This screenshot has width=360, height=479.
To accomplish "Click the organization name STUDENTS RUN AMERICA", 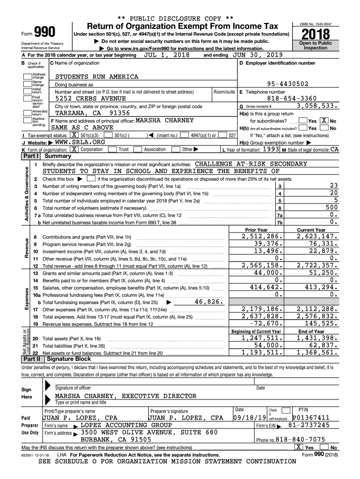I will [97, 77].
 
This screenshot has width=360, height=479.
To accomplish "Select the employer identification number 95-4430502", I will [294, 84].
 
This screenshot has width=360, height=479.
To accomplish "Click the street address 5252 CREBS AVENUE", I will [91, 99].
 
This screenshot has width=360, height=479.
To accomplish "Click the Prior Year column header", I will [256, 230].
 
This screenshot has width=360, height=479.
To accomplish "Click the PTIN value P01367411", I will [311, 417].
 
